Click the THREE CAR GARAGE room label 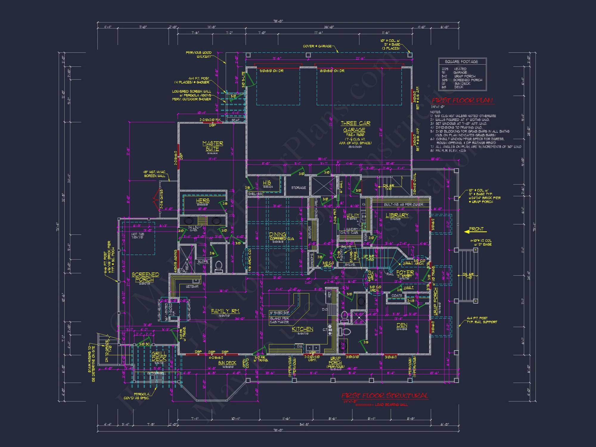click(355, 127)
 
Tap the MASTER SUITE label click(212, 146)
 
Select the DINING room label click(277, 235)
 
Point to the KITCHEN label click(302, 329)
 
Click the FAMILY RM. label click(225, 311)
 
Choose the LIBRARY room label click(397, 215)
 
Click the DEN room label click(402, 325)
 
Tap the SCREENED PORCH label click(145, 277)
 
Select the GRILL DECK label click(159, 356)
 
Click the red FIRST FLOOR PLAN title click(462, 100)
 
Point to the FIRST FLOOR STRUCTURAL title click(384, 395)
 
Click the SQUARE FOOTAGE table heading click(461, 62)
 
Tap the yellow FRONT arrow click(475, 230)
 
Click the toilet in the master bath click(219, 266)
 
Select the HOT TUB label click(137, 235)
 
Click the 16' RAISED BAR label click(279, 313)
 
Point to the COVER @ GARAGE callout click(317, 46)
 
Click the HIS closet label click(267, 182)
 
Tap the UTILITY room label click(353, 215)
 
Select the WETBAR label click(192, 286)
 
